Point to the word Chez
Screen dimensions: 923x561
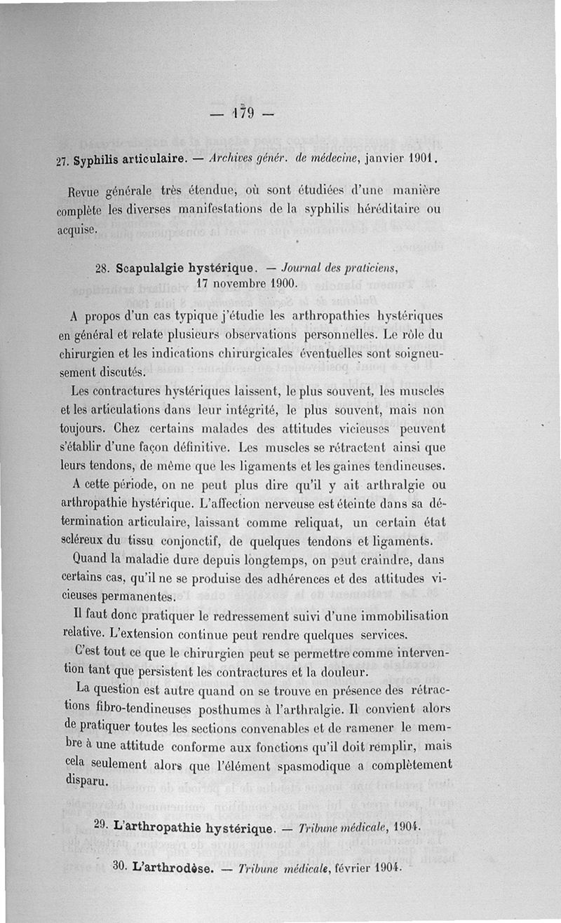pos(128,427)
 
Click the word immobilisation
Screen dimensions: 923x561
pos(400,616)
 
